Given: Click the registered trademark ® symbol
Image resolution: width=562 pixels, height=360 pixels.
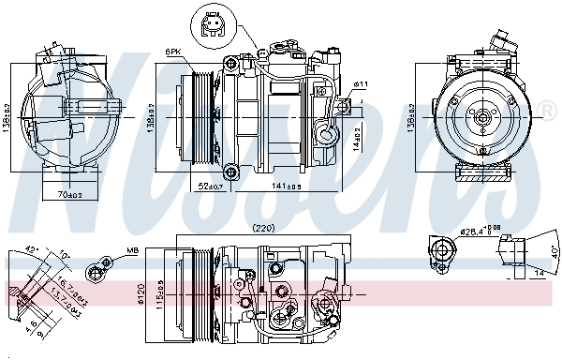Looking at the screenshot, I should tap(548, 113).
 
